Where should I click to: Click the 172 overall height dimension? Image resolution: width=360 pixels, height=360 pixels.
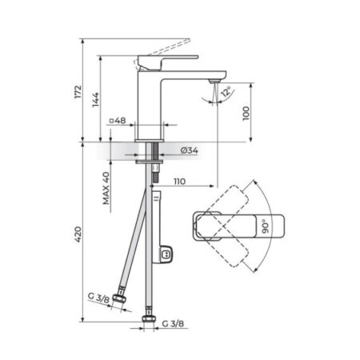point(78,92)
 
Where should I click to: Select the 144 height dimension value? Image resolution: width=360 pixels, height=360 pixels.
point(95,100)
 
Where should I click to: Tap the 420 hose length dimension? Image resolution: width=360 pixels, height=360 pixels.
point(78,234)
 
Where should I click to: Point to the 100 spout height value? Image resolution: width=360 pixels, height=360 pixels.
point(246,114)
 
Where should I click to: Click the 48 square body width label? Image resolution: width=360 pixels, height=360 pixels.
point(118,121)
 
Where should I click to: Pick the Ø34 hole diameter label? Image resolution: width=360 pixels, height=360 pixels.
point(190,150)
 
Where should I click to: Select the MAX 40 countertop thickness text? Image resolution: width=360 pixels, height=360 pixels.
point(106,188)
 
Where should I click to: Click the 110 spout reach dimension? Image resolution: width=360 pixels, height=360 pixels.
point(179,182)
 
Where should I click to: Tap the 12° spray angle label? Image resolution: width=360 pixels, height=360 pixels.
point(226,91)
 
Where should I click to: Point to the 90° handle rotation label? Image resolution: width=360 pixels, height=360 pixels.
point(266,226)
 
